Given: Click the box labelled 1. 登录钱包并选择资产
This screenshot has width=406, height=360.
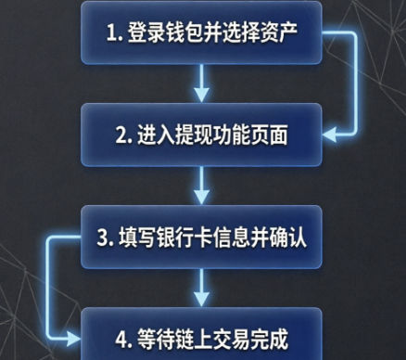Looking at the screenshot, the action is click(x=201, y=32).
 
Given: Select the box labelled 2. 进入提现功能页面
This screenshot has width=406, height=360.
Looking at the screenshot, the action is click(x=201, y=135).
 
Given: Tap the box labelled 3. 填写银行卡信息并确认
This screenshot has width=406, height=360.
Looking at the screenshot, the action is click(x=201, y=237).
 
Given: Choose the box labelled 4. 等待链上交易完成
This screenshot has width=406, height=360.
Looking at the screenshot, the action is click(x=201, y=334).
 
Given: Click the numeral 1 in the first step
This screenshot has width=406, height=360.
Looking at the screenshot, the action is click(x=111, y=32).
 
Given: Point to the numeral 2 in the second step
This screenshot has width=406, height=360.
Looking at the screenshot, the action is click(x=121, y=135).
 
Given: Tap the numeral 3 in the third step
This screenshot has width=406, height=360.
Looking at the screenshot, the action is click(x=102, y=238).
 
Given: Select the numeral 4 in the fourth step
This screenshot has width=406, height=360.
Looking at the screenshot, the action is click(x=121, y=340).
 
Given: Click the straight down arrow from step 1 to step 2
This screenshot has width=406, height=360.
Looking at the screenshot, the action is click(x=201, y=84).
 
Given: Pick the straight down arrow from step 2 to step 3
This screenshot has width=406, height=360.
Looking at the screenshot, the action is click(x=201, y=186).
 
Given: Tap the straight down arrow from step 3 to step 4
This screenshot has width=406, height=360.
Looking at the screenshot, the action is click(x=201, y=288).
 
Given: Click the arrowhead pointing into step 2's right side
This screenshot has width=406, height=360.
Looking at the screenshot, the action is click(x=329, y=135).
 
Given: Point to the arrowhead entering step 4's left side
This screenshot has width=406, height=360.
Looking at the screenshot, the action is click(x=73, y=339).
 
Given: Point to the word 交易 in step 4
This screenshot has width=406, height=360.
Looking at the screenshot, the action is click(x=231, y=340).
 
